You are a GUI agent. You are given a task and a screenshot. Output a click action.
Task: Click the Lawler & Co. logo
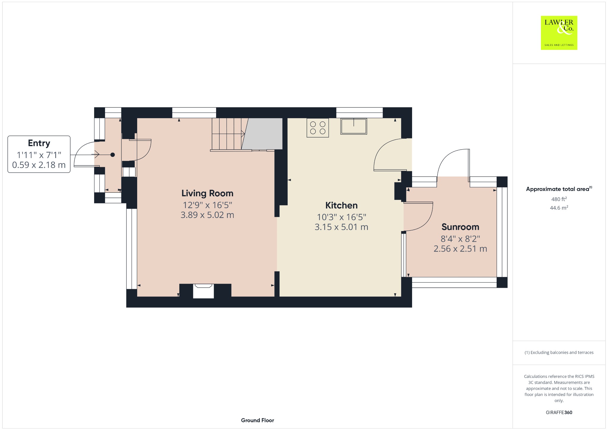559,33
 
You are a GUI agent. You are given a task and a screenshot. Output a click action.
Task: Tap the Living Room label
207,193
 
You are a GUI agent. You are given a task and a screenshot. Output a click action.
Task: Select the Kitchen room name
341,205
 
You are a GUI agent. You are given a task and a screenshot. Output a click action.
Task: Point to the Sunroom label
460,227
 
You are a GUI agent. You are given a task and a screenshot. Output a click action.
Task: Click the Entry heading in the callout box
39,143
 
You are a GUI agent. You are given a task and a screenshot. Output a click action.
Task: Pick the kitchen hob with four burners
318,128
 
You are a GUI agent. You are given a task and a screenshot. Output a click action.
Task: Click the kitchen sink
354,126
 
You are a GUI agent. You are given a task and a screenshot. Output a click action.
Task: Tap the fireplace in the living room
203,291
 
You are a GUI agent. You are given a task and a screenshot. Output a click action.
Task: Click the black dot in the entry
113,155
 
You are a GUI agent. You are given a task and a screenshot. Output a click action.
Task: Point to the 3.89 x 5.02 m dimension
207,215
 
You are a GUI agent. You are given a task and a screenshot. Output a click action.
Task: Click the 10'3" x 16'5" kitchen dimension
341,217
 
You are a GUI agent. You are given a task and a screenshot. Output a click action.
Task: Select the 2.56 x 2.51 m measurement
460,249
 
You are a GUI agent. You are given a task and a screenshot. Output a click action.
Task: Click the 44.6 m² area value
559,208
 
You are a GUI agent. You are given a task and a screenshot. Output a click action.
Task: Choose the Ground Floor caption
257,420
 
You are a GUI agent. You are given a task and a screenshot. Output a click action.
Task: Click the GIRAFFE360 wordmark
559,412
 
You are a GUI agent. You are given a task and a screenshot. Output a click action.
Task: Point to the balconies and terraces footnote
559,352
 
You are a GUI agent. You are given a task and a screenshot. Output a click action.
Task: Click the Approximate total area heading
559,189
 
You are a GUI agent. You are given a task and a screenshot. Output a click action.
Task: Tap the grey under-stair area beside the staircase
263,134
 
